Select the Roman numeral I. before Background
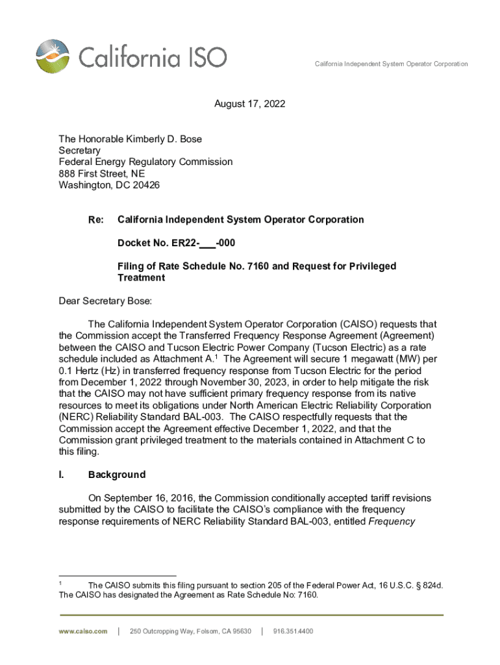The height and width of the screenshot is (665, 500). [x=62, y=475]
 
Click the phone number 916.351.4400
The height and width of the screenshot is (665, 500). [x=293, y=631]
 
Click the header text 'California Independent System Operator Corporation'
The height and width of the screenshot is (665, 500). [x=391, y=64]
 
